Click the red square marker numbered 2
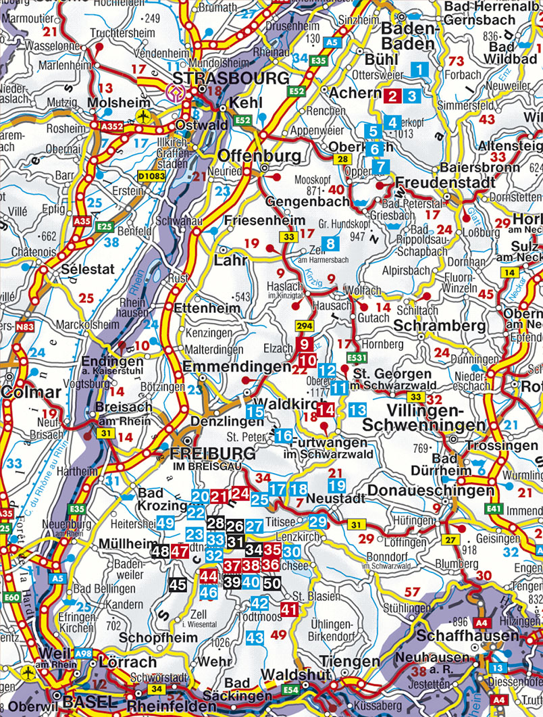pos(391,95)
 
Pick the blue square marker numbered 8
pos(330,244)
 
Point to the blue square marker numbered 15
pos(255,412)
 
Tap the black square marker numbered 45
pos(178,585)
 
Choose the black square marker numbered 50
pos(272,583)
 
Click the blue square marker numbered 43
pos(255,637)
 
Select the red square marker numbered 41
pos(289,610)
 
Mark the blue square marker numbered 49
pos(165,522)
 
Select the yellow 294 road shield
pos(305,326)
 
